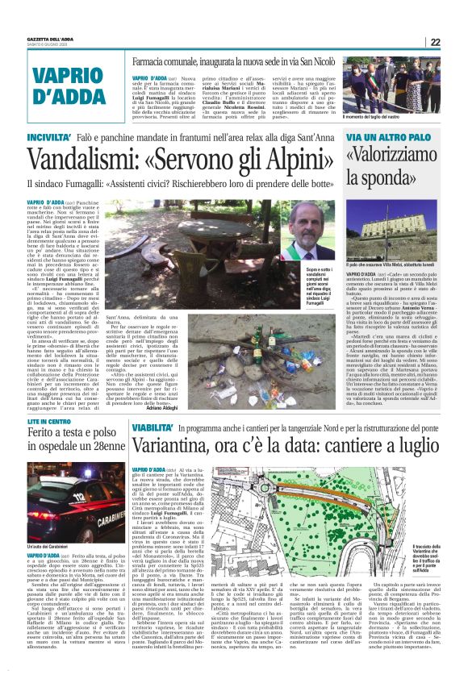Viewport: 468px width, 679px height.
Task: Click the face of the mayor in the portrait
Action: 311,223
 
